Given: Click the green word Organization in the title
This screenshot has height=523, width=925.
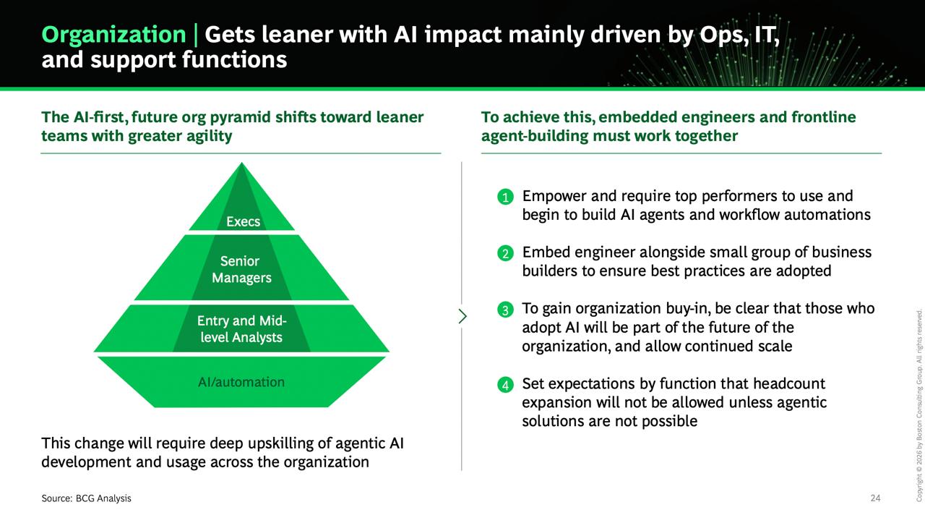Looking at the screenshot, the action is point(113,35).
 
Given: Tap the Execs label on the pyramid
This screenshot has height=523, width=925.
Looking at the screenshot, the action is point(244,221).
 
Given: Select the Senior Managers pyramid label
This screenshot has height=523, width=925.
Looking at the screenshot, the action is point(241,269).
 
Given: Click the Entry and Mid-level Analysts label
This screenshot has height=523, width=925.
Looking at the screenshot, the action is point(241,328).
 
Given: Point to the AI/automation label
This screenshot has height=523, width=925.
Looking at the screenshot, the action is point(241,382).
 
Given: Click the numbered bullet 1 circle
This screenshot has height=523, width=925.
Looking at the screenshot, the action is point(505,197).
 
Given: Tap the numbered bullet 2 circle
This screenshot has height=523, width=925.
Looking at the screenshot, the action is point(505,253).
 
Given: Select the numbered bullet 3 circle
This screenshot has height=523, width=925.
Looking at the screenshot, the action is point(505,310).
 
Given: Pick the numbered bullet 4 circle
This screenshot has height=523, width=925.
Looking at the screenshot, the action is point(505,385).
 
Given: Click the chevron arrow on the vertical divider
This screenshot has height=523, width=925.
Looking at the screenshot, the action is point(462,316).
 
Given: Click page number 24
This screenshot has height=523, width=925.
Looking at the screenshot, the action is point(875,498).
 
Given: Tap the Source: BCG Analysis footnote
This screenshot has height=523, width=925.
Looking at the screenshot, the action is point(86,498).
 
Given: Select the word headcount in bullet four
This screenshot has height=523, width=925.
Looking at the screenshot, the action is point(789,383).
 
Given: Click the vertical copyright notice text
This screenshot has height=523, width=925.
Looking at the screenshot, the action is point(919,405).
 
